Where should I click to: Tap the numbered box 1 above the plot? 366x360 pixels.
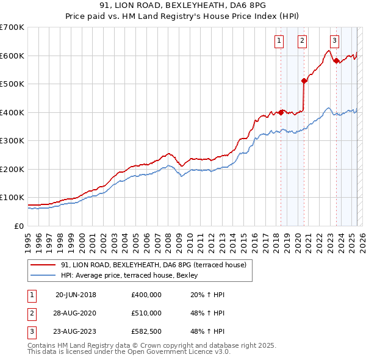279,41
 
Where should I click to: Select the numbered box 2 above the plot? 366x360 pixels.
302,41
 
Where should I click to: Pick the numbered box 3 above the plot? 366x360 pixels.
334,41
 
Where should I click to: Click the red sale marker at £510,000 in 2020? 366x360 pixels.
304,81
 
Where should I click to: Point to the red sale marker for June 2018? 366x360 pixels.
281,112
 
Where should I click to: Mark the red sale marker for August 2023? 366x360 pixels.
336,60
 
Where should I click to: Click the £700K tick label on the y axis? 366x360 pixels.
12,27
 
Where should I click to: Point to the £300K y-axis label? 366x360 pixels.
12,141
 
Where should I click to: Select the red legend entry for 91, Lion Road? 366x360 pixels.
153,265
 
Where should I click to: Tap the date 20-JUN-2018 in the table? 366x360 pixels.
76,295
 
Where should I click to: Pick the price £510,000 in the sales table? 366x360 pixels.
146,313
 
